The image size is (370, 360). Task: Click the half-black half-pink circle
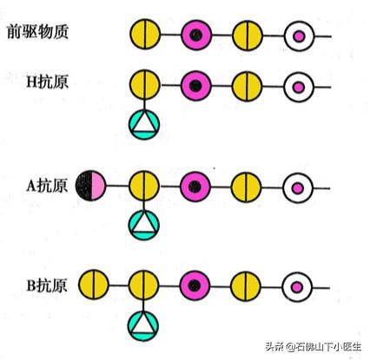[91, 185]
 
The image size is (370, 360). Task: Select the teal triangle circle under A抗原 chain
[142, 225]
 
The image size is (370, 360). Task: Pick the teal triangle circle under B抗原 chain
[142, 324]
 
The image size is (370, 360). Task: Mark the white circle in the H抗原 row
[299, 85]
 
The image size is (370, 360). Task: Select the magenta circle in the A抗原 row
[195, 185]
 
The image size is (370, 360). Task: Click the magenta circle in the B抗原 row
[195, 284]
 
